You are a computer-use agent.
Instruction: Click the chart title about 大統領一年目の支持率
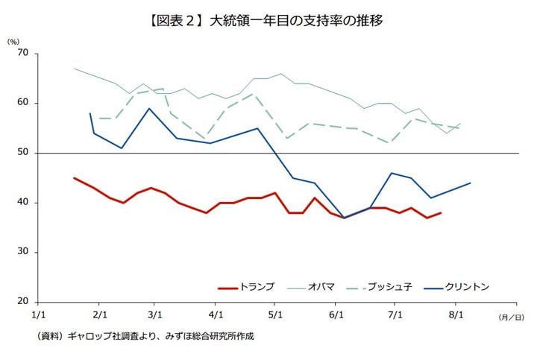pyautogui.click(x=269, y=21)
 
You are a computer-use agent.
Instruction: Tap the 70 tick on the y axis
pyautogui.click(x=22, y=53)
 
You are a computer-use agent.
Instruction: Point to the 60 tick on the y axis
pyautogui.click(x=22, y=103)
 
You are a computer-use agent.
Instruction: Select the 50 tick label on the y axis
pyautogui.click(x=22, y=153)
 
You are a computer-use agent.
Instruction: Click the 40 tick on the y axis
pyautogui.click(x=22, y=202)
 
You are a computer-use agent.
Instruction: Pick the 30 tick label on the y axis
pyautogui.click(x=22, y=252)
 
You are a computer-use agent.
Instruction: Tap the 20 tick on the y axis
pyautogui.click(x=22, y=302)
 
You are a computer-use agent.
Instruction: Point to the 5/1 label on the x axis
pyautogui.click(x=274, y=315)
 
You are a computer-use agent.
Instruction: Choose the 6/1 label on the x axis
pyautogui.click(x=336, y=315)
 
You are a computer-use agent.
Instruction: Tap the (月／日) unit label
pyautogui.click(x=511, y=317)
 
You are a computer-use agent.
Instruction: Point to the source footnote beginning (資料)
pyautogui.click(x=145, y=336)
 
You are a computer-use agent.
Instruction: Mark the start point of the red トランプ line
pyautogui.click(x=75, y=177)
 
